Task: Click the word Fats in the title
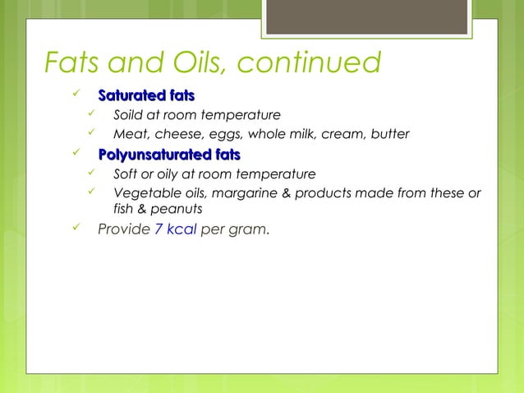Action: pyautogui.click(x=74, y=62)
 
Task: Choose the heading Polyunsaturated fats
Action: pyautogui.click(x=169, y=154)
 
